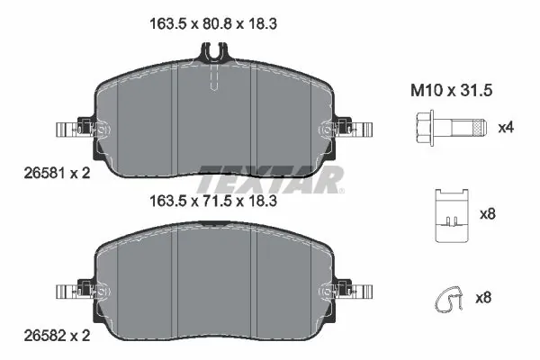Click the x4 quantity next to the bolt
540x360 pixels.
506,127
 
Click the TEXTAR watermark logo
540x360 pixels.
270,179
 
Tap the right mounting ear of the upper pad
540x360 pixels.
354,129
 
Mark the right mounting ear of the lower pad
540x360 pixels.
354,291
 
